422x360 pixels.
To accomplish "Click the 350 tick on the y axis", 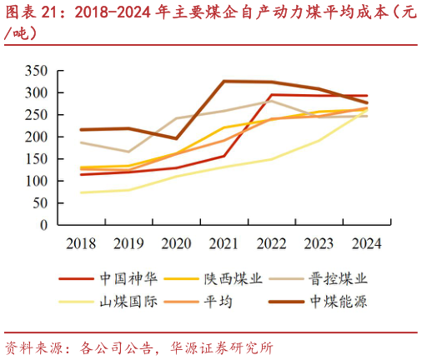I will (x=38, y=71).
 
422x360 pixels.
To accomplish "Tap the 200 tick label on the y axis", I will (x=38, y=137).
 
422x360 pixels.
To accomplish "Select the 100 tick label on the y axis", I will (x=38, y=181).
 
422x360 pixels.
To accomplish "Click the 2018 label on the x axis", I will (x=82, y=243).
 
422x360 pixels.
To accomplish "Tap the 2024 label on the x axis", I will (x=367, y=243).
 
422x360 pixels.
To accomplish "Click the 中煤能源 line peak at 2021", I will (x=224, y=82).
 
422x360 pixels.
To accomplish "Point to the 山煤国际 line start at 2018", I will (x=82, y=192).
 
